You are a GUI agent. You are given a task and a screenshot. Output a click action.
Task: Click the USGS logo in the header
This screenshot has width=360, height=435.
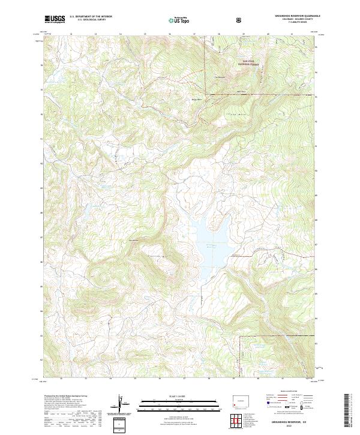coord(55,19)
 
